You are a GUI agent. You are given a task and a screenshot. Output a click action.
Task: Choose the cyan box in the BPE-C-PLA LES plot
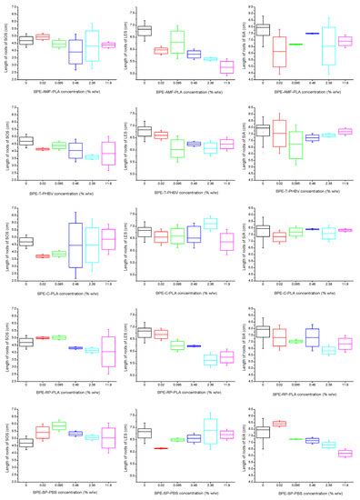[x=210, y=223]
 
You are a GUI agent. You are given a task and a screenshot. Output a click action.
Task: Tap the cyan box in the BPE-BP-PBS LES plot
[x=210, y=428]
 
